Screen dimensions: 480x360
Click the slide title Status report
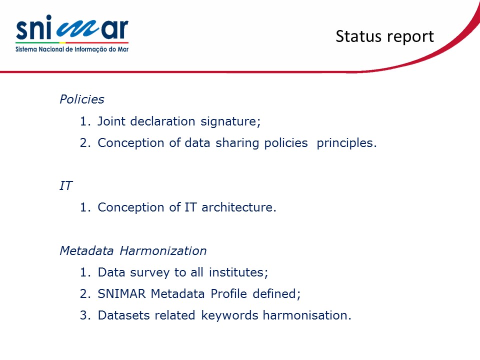point(385,36)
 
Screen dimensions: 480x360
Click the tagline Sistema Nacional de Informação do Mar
point(72,49)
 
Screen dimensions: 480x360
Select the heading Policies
point(81,99)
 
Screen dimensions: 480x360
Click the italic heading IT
point(66,185)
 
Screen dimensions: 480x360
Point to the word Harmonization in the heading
point(163,250)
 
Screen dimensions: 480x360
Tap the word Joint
point(111,121)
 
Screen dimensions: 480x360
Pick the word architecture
point(239,207)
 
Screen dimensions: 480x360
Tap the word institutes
point(238,272)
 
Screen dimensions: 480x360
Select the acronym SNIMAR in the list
point(121,294)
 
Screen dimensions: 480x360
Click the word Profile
point(228,294)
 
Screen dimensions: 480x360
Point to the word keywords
point(229,315)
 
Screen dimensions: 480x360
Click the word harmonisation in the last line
point(307,315)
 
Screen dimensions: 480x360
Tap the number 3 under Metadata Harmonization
point(83,315)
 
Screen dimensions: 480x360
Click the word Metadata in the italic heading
point(87,250)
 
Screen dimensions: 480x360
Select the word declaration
point(163,121)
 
